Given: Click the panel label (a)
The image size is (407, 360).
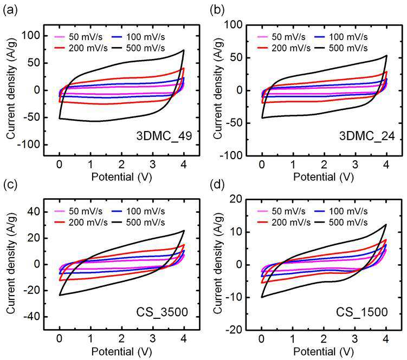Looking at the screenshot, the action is click(10, 10).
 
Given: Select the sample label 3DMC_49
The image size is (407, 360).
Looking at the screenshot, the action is click(164, 136).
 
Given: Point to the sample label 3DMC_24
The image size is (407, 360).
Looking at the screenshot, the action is click(367, 136).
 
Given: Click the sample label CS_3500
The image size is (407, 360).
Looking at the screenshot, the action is click(162, 312).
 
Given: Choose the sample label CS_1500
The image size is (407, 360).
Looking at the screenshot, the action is click(362, 312).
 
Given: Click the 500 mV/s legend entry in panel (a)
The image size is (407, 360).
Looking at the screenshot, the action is click(139, 48).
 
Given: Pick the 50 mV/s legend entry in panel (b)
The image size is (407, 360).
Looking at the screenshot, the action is click(281, 37).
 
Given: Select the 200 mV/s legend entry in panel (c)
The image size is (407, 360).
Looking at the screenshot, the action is click(81, 222).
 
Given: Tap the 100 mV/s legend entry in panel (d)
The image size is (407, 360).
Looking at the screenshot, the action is click(341, 211).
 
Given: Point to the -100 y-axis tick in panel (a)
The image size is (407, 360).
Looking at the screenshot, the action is click(29, 145).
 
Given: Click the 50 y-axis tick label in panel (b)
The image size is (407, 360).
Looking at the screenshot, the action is click(236, 57).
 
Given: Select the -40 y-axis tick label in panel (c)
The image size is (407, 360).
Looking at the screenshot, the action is click(31, 317).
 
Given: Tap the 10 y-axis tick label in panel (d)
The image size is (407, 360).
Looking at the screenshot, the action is click(236, 232).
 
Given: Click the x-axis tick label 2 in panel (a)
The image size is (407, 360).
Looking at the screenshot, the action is click(121, 165).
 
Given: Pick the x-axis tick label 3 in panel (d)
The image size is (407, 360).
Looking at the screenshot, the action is click(355, 339).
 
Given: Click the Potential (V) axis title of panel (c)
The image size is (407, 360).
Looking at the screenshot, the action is click(121, 352).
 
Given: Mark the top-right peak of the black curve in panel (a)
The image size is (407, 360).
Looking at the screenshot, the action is click(184, 50).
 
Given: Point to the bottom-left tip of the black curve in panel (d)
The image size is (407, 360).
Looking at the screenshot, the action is click(262, 297).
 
